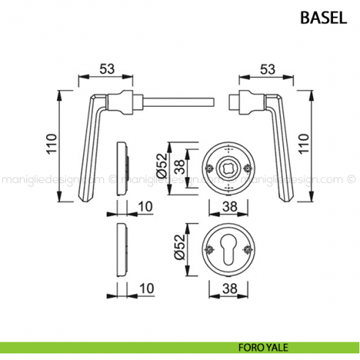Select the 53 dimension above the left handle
[107, 69]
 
